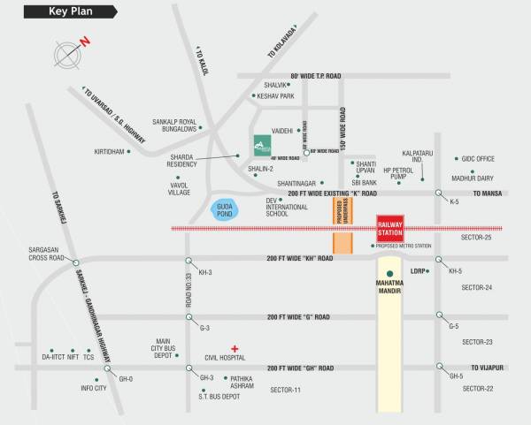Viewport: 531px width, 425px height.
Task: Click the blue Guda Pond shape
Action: (x=226, y=209)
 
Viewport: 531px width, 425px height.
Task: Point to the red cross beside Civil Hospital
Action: (x=235, y=347)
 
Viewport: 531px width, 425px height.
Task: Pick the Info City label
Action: (x=93, y=387)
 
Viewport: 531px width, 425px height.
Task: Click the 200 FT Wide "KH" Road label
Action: (x=299, y=258)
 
